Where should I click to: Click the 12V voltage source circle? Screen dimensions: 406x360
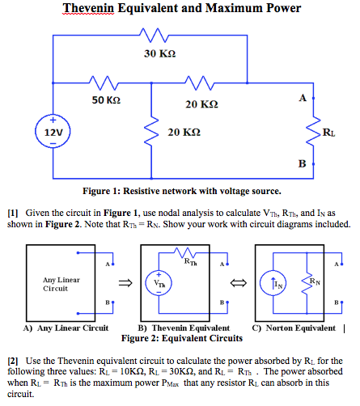51,130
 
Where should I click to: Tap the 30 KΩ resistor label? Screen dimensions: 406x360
159,53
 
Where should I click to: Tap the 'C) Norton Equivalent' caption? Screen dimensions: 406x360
294,328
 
